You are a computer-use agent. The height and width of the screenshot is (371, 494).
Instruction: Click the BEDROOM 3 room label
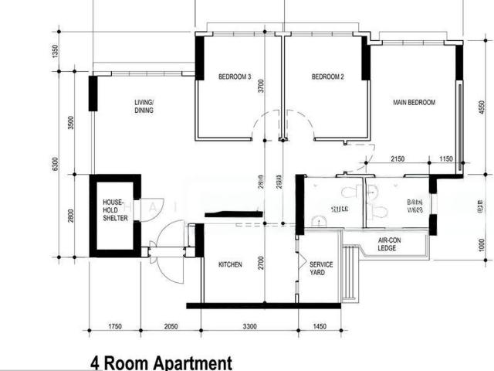click(235, 77)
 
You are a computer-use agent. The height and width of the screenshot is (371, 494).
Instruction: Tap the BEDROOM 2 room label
click(327, 77)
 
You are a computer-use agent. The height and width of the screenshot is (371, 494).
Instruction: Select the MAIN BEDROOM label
click(414, 103)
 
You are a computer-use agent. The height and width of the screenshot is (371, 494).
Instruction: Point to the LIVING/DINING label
click(144, 107)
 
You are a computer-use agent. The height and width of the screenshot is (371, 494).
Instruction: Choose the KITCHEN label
click(230, 265)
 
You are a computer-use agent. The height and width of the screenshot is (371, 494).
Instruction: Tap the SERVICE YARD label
click(321, 269)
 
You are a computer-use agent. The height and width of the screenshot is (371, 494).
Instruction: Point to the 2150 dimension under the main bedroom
click(398, 159)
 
